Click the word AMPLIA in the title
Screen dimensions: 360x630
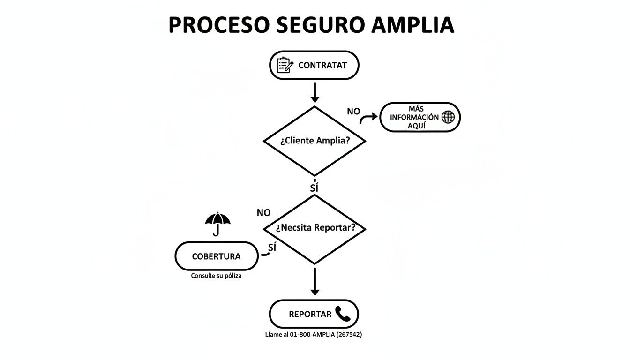coord(412,25)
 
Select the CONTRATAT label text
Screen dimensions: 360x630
coord(322,66)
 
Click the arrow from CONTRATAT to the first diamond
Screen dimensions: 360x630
coord(315,92)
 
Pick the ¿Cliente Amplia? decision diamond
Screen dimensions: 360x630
coord(315,141)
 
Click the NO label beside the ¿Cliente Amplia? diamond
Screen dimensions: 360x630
coord(353,112)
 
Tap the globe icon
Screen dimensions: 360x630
coord(448,117)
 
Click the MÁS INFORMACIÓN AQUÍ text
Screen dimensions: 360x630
coord(413,117)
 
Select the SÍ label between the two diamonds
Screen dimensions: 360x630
coord(314,188)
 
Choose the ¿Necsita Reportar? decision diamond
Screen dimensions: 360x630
coord(315,228)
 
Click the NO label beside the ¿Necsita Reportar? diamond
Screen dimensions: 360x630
coord(264,213)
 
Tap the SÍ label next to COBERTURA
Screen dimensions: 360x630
coord(272,247)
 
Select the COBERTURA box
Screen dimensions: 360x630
coord(217,256)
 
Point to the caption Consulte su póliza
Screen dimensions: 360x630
coord(216,276)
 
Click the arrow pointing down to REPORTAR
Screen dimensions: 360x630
coord(315,281)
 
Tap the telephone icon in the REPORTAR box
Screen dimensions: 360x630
coord(343,314)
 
